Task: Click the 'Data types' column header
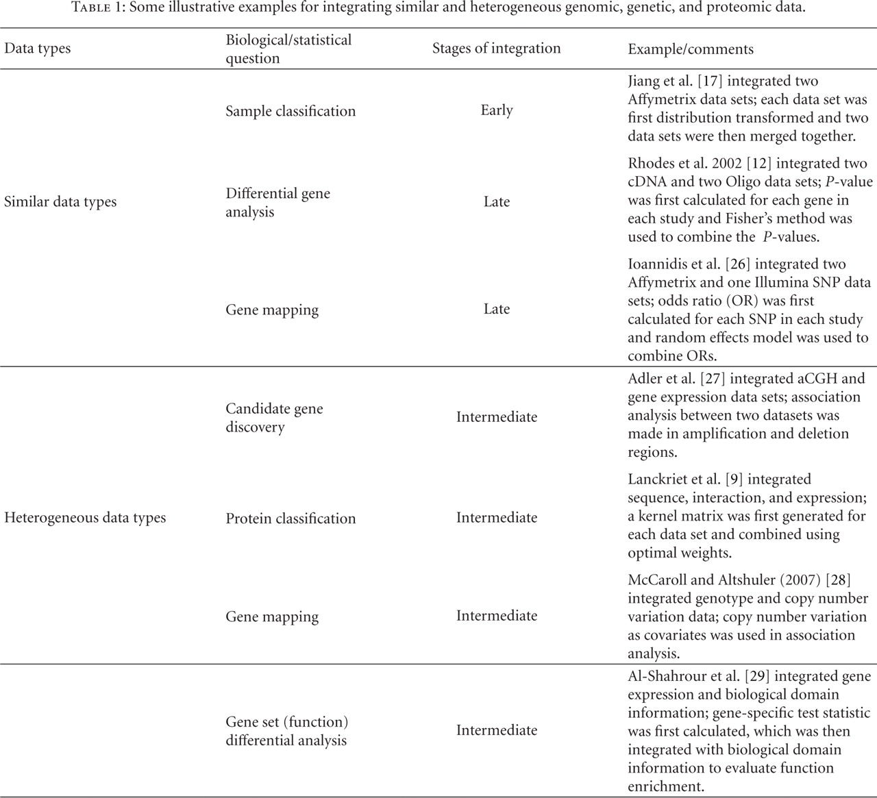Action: point(38,49)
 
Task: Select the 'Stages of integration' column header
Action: point(496,48)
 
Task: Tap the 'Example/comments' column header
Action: point(691,49)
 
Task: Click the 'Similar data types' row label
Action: point(60,202)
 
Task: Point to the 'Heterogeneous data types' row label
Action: point(85,518)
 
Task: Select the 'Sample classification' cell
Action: point(291,111)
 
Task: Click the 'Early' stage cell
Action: point(497,110)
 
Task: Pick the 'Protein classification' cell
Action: point(291,519)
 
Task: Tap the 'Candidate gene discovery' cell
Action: point(274,418)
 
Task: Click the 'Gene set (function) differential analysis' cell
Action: point(286,731)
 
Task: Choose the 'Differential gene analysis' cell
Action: point(277,203)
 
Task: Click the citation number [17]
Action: point(709,81)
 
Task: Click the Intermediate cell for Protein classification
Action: point(497,518)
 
